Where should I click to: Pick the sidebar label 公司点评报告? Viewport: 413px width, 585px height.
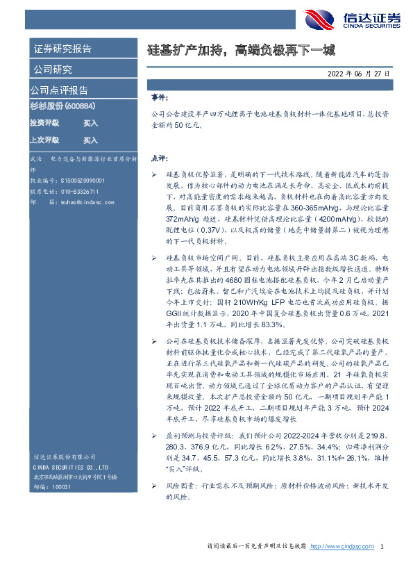click(x=58, y=90)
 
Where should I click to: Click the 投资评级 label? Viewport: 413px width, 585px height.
click(x=44, y=122)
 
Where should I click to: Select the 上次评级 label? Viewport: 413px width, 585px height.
click(x=44, y=140)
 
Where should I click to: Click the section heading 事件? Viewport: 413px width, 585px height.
click(x=159, y=99)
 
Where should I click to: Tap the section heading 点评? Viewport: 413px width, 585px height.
click(x=159, y=158)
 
